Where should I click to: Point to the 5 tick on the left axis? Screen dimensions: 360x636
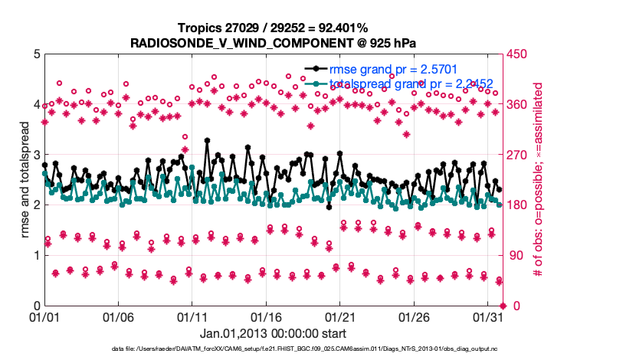[x=36, y=54]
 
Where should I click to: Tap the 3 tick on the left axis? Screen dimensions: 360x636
[x=36, y=155]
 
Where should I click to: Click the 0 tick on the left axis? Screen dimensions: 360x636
[x=36, y=306]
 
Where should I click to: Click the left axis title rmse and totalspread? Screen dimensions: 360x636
[x=24, y=180]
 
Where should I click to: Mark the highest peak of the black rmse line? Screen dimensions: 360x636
[x=207, y=141]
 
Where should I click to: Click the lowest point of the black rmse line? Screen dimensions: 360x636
[x=329, y=207]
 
